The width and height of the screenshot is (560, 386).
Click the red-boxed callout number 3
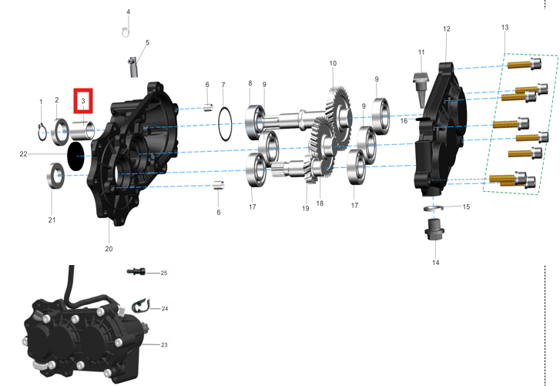(x=83, y=101)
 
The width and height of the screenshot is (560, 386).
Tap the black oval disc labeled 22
(x=75, y=156)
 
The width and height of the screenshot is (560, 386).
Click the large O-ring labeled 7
(x=225, y=124)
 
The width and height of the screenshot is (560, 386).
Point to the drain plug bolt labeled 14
(x=434, y=230)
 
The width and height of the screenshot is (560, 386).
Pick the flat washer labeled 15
(x=433, y=208)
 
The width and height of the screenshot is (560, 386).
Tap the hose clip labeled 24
(x=141, y=306)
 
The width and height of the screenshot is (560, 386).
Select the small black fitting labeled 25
(x=136, y=272)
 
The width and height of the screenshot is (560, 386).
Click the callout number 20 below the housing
(x=109, y=249)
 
